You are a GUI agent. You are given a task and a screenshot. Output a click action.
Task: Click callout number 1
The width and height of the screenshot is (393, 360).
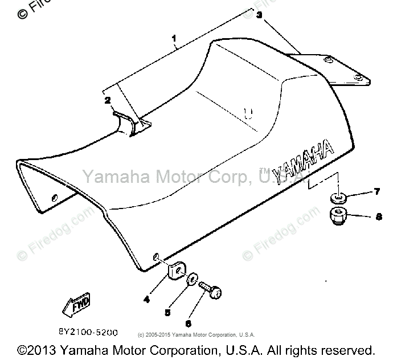point(174,40)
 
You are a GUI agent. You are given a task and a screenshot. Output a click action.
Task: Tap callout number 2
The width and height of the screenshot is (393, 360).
point(107,100)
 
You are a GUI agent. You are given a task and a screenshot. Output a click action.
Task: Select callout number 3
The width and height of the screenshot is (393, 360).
point(259,16)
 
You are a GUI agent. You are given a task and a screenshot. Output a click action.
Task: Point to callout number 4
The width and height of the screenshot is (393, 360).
point(147,298)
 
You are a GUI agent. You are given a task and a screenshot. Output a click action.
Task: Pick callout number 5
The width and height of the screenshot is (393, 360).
point(167,313)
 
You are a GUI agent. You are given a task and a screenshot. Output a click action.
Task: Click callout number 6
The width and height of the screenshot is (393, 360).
point(189,323)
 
